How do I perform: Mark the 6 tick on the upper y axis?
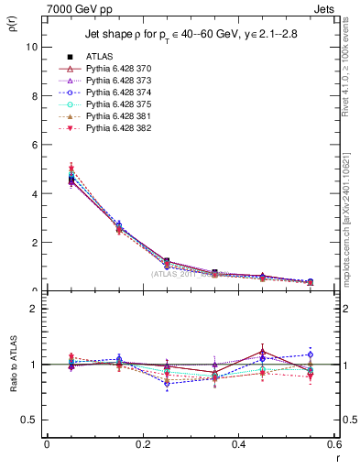pos(35,145)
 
